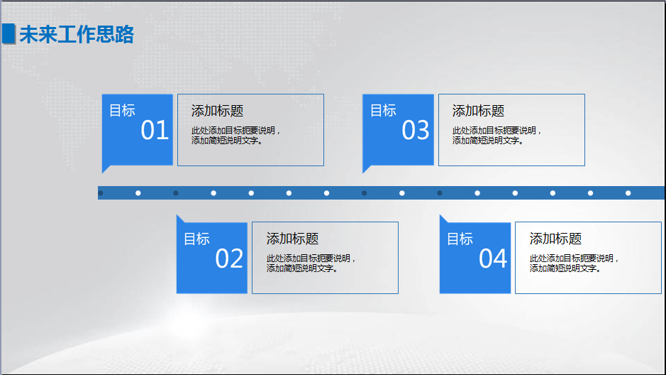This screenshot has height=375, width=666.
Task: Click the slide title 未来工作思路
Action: tap(77, 34)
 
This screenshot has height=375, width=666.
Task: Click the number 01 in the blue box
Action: tap(155, 131)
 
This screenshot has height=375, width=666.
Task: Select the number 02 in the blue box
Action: tap(229, 259)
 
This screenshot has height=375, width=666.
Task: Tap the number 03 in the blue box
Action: tap(416, 131)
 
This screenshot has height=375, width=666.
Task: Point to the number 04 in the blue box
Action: tap(493, 259)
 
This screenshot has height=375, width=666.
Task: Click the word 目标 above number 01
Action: tap(122, 110)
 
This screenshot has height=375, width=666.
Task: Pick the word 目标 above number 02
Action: tap(196, 239)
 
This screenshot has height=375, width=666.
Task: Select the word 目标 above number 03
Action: tap(383, 110)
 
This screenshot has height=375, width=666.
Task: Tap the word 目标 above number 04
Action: tap(460, 239)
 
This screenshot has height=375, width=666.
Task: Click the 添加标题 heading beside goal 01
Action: tap(217, 111)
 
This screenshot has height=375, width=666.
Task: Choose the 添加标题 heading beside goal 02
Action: tap(292, 239)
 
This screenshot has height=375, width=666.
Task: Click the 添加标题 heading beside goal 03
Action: tap(478, 111)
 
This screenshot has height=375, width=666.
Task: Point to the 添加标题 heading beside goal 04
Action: tap(555, 239)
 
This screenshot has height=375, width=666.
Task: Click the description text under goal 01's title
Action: tap(236, 136)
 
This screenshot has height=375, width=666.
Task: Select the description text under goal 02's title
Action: tap(311, 263)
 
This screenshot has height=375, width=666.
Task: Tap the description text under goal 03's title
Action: tap(497, 136)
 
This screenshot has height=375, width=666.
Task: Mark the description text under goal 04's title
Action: tap(575, 263)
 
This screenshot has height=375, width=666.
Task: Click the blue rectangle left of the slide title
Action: tap(9, 33)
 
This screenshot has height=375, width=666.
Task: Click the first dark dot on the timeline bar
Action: tap(101, 192)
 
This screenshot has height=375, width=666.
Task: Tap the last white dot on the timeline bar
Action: tap(628, 192)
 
